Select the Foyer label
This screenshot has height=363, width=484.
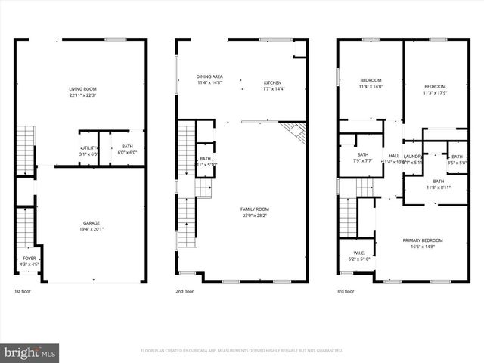(x=29, y=262)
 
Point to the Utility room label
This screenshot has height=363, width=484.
(x=89, y=150)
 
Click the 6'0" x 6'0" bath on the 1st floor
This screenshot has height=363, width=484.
(x=126, y=150)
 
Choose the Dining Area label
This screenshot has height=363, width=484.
(x=209, y=79)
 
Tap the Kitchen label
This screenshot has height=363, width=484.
(x=272, y=85)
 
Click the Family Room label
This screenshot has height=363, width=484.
(x=255, y=213)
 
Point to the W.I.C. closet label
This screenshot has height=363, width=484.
(x=359, y=256)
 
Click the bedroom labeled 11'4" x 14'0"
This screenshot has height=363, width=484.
(x=371, y=83)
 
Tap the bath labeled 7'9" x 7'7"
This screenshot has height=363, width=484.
(x=363, y=157)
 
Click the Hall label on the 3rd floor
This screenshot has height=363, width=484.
(x=394, y=158)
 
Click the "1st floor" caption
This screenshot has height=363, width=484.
(x=23, y=291)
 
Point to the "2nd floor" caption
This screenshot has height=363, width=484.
(x=185, y=291)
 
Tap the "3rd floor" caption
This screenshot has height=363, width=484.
(x=346, y=291)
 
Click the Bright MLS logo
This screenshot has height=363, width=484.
(x=30, y=352)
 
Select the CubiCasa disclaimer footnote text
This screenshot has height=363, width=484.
(x=242, y=350)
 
